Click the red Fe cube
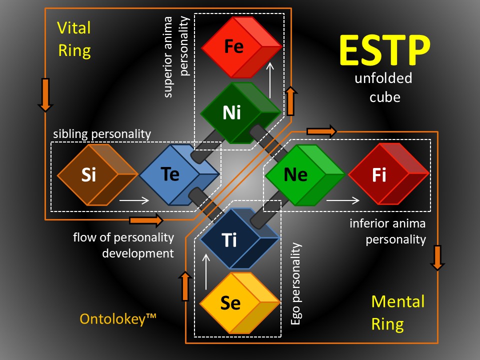[241, 47]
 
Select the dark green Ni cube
[241, 112]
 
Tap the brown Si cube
[97, 174]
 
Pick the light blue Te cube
[179, 174]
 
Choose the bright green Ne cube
[305, 174]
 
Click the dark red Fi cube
[389, 174]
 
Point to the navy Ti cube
[239, 239]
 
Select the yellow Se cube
[239, 303]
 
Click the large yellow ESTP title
[385, 50]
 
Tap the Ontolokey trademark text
[118, 319]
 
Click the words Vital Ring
[74, 39]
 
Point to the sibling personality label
[102, 134]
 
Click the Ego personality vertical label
[295, 283]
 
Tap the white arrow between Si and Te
[134, 200]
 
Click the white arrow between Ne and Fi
[343, 200]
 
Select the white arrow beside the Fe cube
[269, 80]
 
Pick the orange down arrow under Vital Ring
[45, 95]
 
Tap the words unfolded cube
[383, 87]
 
